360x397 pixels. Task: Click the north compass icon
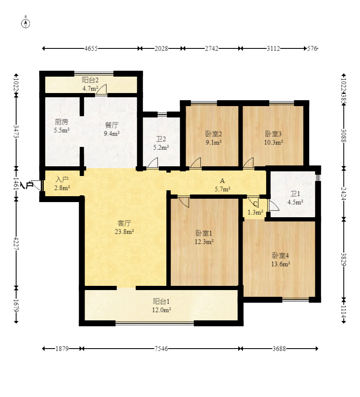pos(26,23)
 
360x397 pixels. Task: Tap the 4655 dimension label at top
pos(91,48)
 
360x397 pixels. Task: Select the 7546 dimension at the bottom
pos(161,349)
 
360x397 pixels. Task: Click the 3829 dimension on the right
pos(344,259)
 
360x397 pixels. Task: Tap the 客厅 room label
pos(124,223)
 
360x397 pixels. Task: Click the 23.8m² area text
pos(124,232)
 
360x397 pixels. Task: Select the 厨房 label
pos(61,122)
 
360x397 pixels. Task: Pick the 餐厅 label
pos(112,125)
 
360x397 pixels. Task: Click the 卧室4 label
pos(280,256)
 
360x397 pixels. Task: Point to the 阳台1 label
pos(161,301)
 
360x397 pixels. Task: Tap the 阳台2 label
pos(90,80)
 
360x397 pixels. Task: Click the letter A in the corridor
pos(222,181)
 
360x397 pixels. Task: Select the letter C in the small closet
pos(255,204)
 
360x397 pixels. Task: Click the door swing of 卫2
pos(153,163)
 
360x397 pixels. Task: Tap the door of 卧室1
pos(184,202)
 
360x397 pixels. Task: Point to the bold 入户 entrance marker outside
pos(27,185)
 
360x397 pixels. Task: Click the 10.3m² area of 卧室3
pos(273,142)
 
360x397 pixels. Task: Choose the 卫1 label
pos(295,194)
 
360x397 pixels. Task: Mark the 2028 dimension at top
pos(161,48)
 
